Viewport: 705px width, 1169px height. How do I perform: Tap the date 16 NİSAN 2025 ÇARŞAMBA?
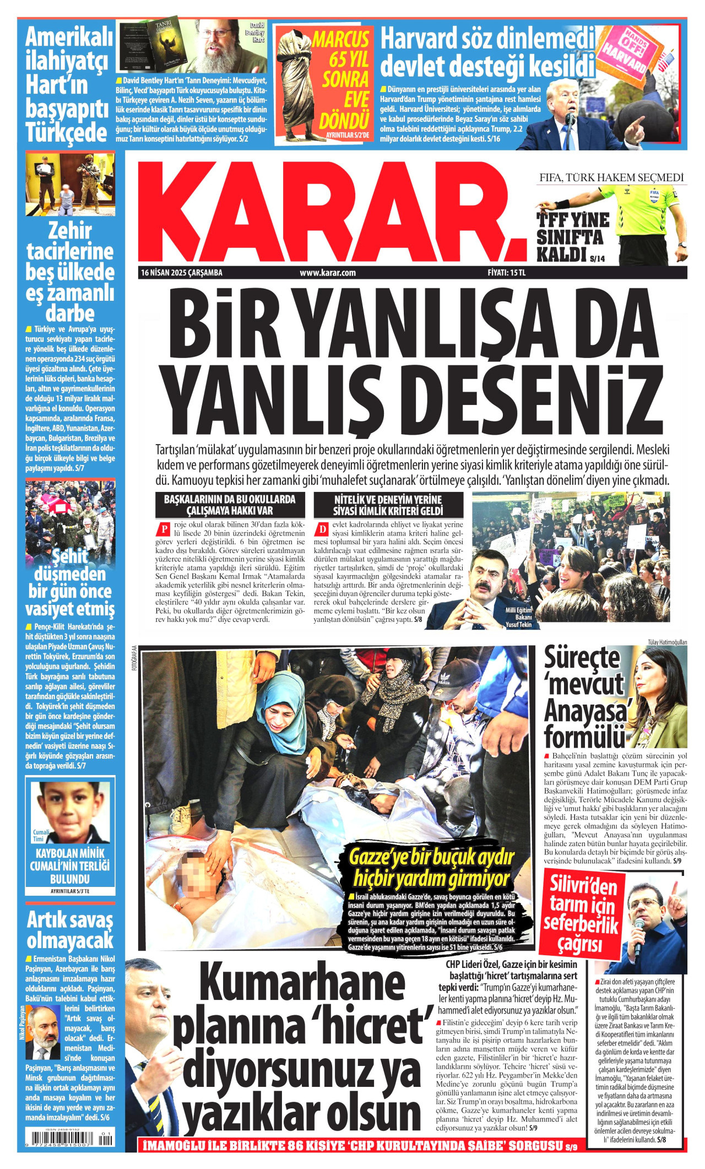182,273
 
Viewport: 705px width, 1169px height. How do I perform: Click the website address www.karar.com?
328,273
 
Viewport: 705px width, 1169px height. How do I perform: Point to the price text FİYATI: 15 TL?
507,273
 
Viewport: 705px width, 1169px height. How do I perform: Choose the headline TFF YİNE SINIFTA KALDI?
573,237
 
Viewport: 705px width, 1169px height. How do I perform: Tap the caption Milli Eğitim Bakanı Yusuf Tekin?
518,616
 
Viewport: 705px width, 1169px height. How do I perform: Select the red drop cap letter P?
163,529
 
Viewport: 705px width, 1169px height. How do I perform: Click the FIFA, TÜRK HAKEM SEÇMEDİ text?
611,177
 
